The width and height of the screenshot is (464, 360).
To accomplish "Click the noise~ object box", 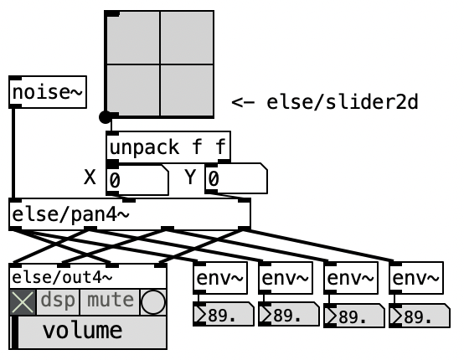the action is [48, 92].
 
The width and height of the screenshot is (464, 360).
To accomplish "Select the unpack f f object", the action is [168, 147].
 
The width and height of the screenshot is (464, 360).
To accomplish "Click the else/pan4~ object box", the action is [130, 214].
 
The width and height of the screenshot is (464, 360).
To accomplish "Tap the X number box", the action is [137, 179].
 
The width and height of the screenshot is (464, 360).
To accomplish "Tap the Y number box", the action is [236, 178].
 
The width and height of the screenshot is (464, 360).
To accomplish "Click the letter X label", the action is [90, 177].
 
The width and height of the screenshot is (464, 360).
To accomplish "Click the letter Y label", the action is [190, 177].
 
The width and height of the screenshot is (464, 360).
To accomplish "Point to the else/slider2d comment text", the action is [325, 102].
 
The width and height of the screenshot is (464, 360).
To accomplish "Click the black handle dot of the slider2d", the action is [105, 117].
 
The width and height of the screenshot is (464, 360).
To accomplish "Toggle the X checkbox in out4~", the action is [23, 302].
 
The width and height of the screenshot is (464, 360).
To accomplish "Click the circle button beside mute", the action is [153, 302].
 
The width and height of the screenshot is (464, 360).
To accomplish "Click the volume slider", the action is [88, 332].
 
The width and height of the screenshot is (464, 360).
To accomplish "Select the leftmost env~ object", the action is [220, 278].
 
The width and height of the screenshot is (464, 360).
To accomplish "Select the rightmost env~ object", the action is [416, 278].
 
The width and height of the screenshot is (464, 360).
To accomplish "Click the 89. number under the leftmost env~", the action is [224, 314].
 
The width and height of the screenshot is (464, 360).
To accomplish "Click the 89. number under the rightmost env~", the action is [420, 316].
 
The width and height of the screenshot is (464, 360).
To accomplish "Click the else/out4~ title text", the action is [62, 277].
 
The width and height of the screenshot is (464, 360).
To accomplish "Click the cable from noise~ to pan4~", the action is [13, 153].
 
